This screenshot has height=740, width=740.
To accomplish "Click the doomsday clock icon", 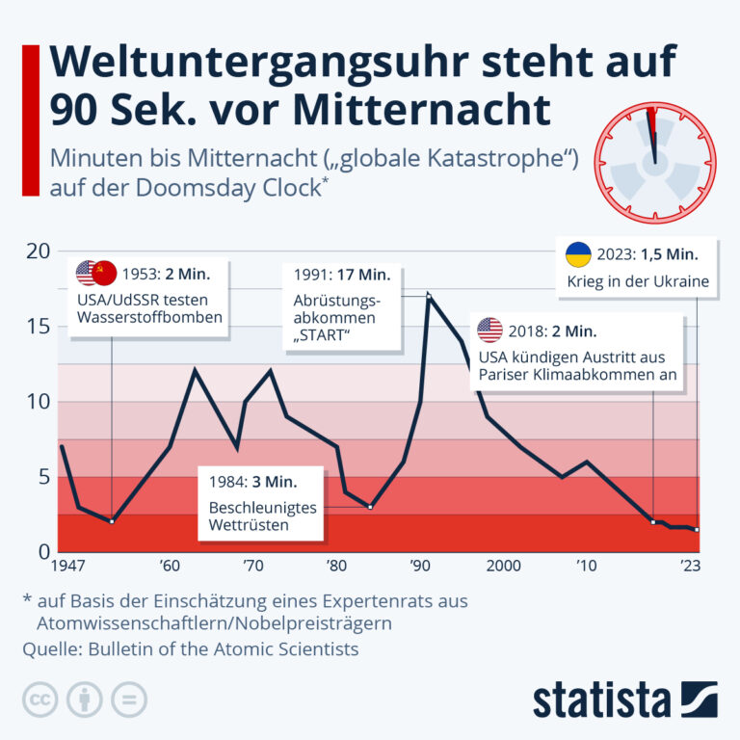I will pos(654,160).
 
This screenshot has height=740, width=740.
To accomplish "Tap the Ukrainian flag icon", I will pos(577,254).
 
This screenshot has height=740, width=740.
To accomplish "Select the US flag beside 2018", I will pos(489,330).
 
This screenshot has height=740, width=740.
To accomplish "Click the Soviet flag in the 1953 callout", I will pos(105,273).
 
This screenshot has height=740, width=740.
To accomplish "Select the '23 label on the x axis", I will pos(691,565).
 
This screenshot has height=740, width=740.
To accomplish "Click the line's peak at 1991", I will pos(428,296).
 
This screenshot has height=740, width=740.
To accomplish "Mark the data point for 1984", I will pos(370,507).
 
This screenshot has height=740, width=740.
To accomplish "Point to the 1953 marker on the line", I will pos(112,521).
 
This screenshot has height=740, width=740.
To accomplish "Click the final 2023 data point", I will pos(697,529).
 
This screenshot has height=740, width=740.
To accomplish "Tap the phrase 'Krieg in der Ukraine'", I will pos(638,282).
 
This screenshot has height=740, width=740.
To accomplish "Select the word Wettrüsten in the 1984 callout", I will pos(250,526).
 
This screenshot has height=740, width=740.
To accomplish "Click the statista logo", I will pos(624,699).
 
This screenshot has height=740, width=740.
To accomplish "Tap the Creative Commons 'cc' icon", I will pos(40,699).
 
